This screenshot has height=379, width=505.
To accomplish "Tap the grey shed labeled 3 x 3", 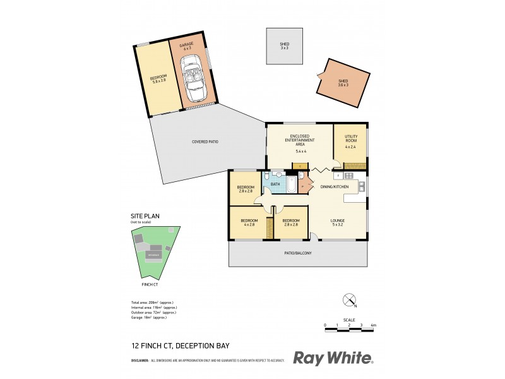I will [x=284, y=45].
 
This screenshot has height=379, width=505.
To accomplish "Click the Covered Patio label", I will [x=205, y=141].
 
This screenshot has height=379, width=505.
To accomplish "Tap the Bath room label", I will [x=275, y=184].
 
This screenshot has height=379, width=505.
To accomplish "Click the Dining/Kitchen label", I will [x=335, y=187].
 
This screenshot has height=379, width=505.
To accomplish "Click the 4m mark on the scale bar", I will [x=373, y=325].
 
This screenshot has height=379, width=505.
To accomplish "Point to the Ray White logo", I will [x=333, y=358].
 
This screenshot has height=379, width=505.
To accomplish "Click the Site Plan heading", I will [x=145, y=216].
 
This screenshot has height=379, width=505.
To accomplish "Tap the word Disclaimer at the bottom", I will [x=140, y=361].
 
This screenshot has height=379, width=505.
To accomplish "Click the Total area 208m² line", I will [x=153, y=301].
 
